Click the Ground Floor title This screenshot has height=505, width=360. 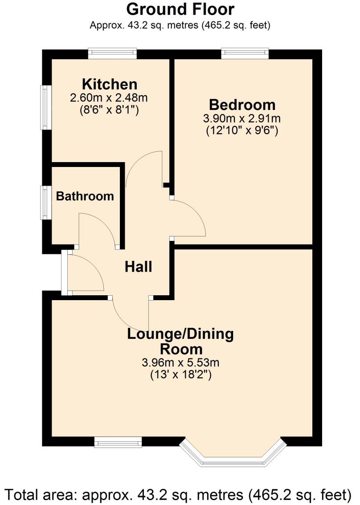[x=180, y=9]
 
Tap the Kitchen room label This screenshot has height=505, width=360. [x=109, y=84]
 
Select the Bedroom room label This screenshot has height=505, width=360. [x=242, y=105]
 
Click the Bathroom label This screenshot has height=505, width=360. [x=85, y=196]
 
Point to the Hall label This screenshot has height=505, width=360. [x=138, y=267]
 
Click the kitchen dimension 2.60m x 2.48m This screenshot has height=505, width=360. [x=109, y=97]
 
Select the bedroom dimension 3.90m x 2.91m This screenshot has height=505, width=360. [x=242, y=118]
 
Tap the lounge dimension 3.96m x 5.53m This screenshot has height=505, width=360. [x=180, y=362]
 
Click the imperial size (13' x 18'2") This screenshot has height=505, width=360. [x=180, y=375]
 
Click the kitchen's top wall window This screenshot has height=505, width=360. [x=112, y=53]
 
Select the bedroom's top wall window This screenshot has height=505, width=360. [x=245, y=53]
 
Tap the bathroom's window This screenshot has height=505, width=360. [x=45, y=203]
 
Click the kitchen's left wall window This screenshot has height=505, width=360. [x=45, y=107]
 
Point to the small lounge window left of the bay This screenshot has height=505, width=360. [x=118, y=442]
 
